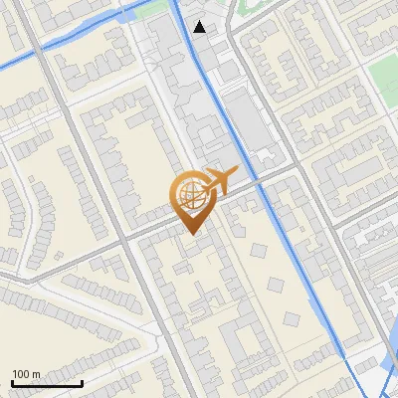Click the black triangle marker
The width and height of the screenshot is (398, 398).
pyautogui.click(x=200, y=27)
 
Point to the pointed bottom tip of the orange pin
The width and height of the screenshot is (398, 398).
pyautogui.click(x=189, y=234)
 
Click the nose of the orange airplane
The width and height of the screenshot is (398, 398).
pyautogui.click(x=235, y=171)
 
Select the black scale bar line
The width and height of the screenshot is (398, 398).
pyautogui.click(x=47, y=383)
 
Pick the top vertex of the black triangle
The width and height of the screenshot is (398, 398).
pyautogui.click(x=200, y=21)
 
